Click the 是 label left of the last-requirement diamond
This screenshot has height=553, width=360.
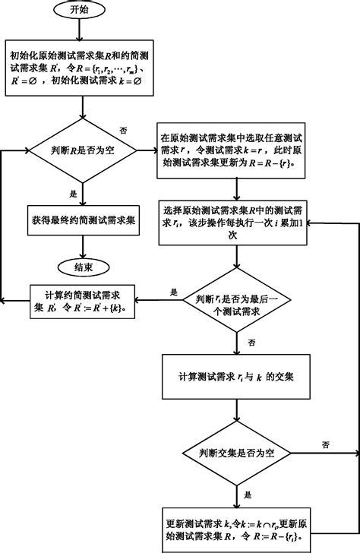pos(173,292)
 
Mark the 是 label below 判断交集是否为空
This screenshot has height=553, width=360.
pos(248,494)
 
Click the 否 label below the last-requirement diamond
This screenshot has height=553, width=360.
pos(251,343)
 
